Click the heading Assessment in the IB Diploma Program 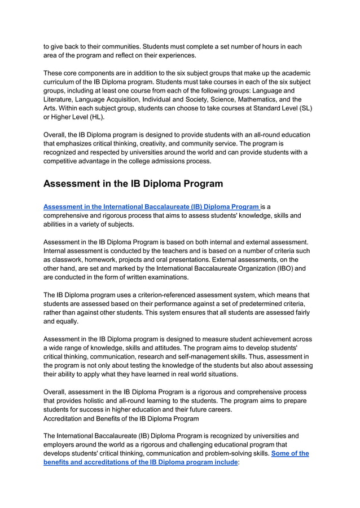point(133,184)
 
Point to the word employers point(62,444)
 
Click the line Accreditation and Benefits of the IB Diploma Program point(121,418)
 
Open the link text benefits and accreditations point(96,462)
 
